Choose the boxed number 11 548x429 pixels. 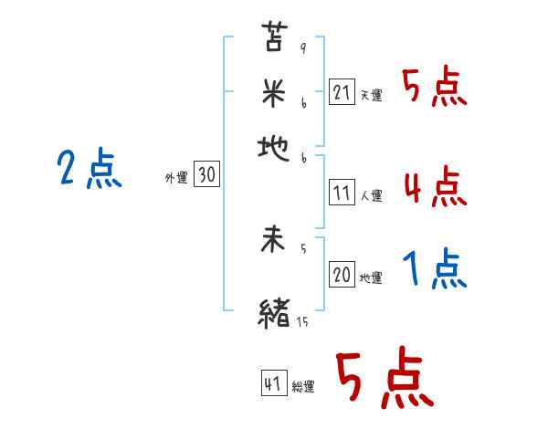(x=342, y=193)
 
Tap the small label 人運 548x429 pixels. (x=371, y=195)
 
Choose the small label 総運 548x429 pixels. (x=303, y=387)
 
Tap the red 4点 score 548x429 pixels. (x=435, y=187)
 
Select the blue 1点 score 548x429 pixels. (x=435, y=269)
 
